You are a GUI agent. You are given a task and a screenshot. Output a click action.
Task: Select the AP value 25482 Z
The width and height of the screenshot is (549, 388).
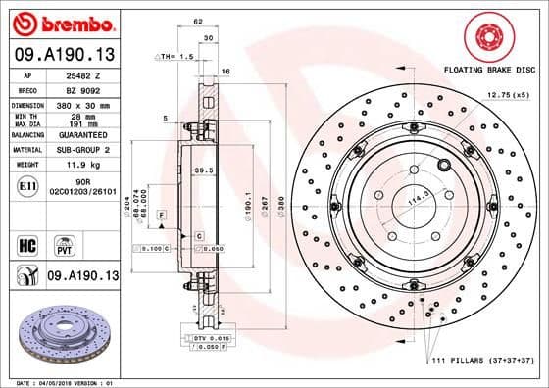[x=79, y=74]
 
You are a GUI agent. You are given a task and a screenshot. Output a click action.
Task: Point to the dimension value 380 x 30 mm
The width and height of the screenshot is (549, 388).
[x=80, y=103]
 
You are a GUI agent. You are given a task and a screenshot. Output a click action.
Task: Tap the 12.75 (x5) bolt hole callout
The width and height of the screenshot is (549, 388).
[x=508, y=94]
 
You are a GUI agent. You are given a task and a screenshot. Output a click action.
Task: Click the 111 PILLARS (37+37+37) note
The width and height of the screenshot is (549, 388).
[x=483, y=364]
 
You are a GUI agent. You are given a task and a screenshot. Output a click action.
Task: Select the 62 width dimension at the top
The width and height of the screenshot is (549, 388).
[x=198, y=20]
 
